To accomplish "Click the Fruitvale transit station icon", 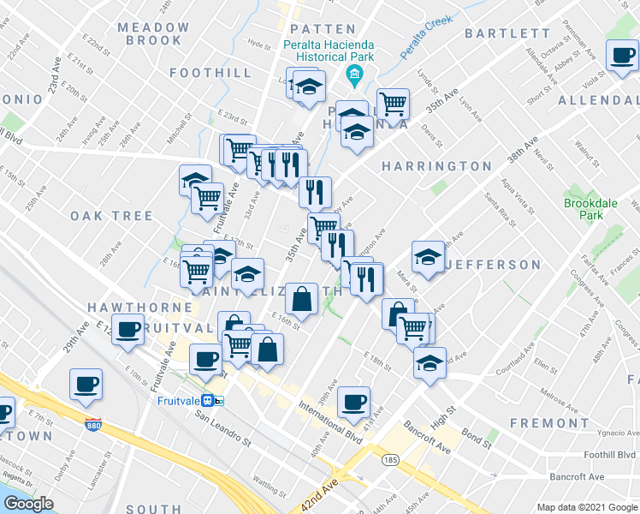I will tap(219, 400).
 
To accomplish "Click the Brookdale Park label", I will tap(584, 210).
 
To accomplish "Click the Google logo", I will tap(29, 504).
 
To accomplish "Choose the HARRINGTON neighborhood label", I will tap(436, 166).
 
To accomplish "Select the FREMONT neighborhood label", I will tap(549, 423).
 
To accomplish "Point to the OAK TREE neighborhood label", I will tap(111, 216).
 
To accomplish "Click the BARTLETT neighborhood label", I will tap(507, 33).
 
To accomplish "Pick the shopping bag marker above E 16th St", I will tap(302, 299).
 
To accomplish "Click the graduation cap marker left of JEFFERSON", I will tap(427, 254).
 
